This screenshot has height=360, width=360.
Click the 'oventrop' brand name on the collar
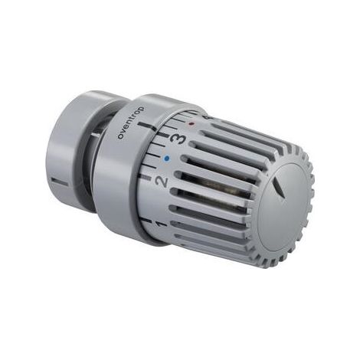click(x=130, y=123)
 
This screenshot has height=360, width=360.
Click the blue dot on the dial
click(x=167, y=159)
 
